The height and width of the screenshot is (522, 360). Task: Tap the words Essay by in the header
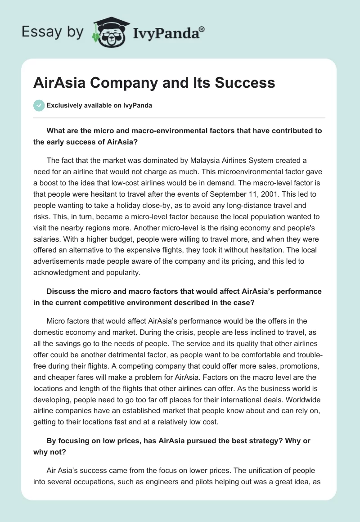[x=53, y=31]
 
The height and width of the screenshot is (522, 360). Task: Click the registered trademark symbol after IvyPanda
[x=202, y=29]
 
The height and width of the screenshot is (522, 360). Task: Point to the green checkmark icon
[x=39, y=105]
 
